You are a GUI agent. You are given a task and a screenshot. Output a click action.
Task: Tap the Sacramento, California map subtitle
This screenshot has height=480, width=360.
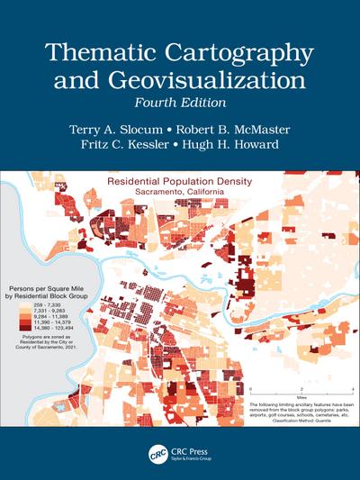coord(180,194)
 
